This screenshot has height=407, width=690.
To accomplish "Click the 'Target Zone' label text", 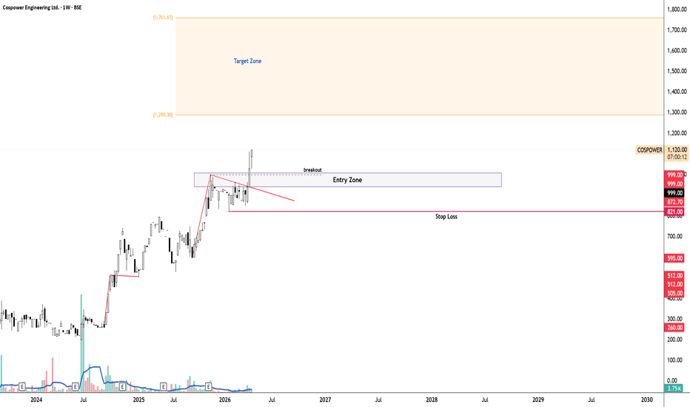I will pos(247,61).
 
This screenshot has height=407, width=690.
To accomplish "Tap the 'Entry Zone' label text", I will pos(347,180).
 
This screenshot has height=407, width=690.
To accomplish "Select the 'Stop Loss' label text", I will pos(446,217).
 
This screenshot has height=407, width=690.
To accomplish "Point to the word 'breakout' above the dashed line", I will pos(312,169).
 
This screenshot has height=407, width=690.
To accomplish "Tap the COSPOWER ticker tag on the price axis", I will pos(649,149).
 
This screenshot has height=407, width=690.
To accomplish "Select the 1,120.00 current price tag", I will pos(677,149).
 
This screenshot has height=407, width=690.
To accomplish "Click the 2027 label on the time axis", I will pos(324,400).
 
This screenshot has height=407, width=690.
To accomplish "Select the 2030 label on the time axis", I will pos(646,400).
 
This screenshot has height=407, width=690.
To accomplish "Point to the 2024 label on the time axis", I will pos(31,400).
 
